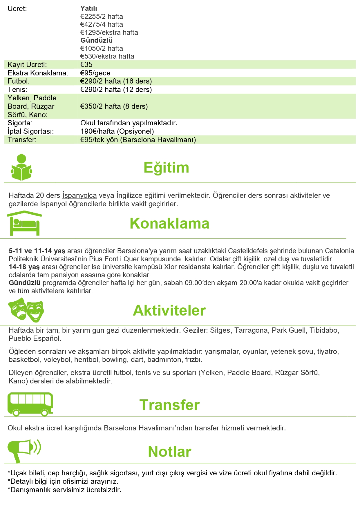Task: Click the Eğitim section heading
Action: point(166,168)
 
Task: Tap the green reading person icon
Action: point(21,168)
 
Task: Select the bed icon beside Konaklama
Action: point(24,223)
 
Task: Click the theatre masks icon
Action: point(26,310)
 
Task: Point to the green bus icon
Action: point(30,404)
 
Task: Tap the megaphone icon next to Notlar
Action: point(24,450)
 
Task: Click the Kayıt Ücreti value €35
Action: point(86,64)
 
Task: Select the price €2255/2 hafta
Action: point(102,17)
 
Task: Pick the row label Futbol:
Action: point(19,81)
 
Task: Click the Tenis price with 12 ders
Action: point(116,90)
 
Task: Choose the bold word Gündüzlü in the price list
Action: point(96,40)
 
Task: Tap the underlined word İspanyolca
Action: point(79,195)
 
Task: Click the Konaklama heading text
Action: point(169,224)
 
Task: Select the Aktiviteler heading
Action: point(169,310)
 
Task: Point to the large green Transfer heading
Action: point(169,405)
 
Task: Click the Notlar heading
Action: point(169,452)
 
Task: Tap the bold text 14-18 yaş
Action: point(24,267)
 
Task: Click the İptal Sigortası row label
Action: point(31,131)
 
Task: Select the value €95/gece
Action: point(95,73)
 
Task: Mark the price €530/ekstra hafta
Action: point(107,56)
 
